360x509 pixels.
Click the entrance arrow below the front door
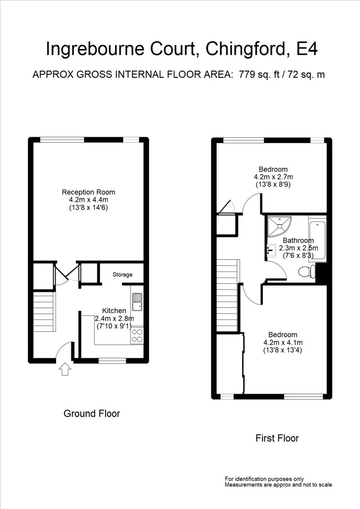tap(65, 370)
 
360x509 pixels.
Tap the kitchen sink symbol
tap(137, 302)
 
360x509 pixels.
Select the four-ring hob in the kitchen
tap(137, 336)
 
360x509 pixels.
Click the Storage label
tap(123, 275)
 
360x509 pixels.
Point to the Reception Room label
tap(89, 192)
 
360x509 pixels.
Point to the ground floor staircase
tap(44, 311)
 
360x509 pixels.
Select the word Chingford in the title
tap(241, 49)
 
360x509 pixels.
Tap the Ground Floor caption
tap(91, 414)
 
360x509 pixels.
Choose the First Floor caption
tap(277, 438)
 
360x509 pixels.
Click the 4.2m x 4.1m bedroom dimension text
tap(283, 343)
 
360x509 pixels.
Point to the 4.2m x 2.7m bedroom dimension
tap(273, 177)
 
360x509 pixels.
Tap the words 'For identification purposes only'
tap(264, 478)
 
